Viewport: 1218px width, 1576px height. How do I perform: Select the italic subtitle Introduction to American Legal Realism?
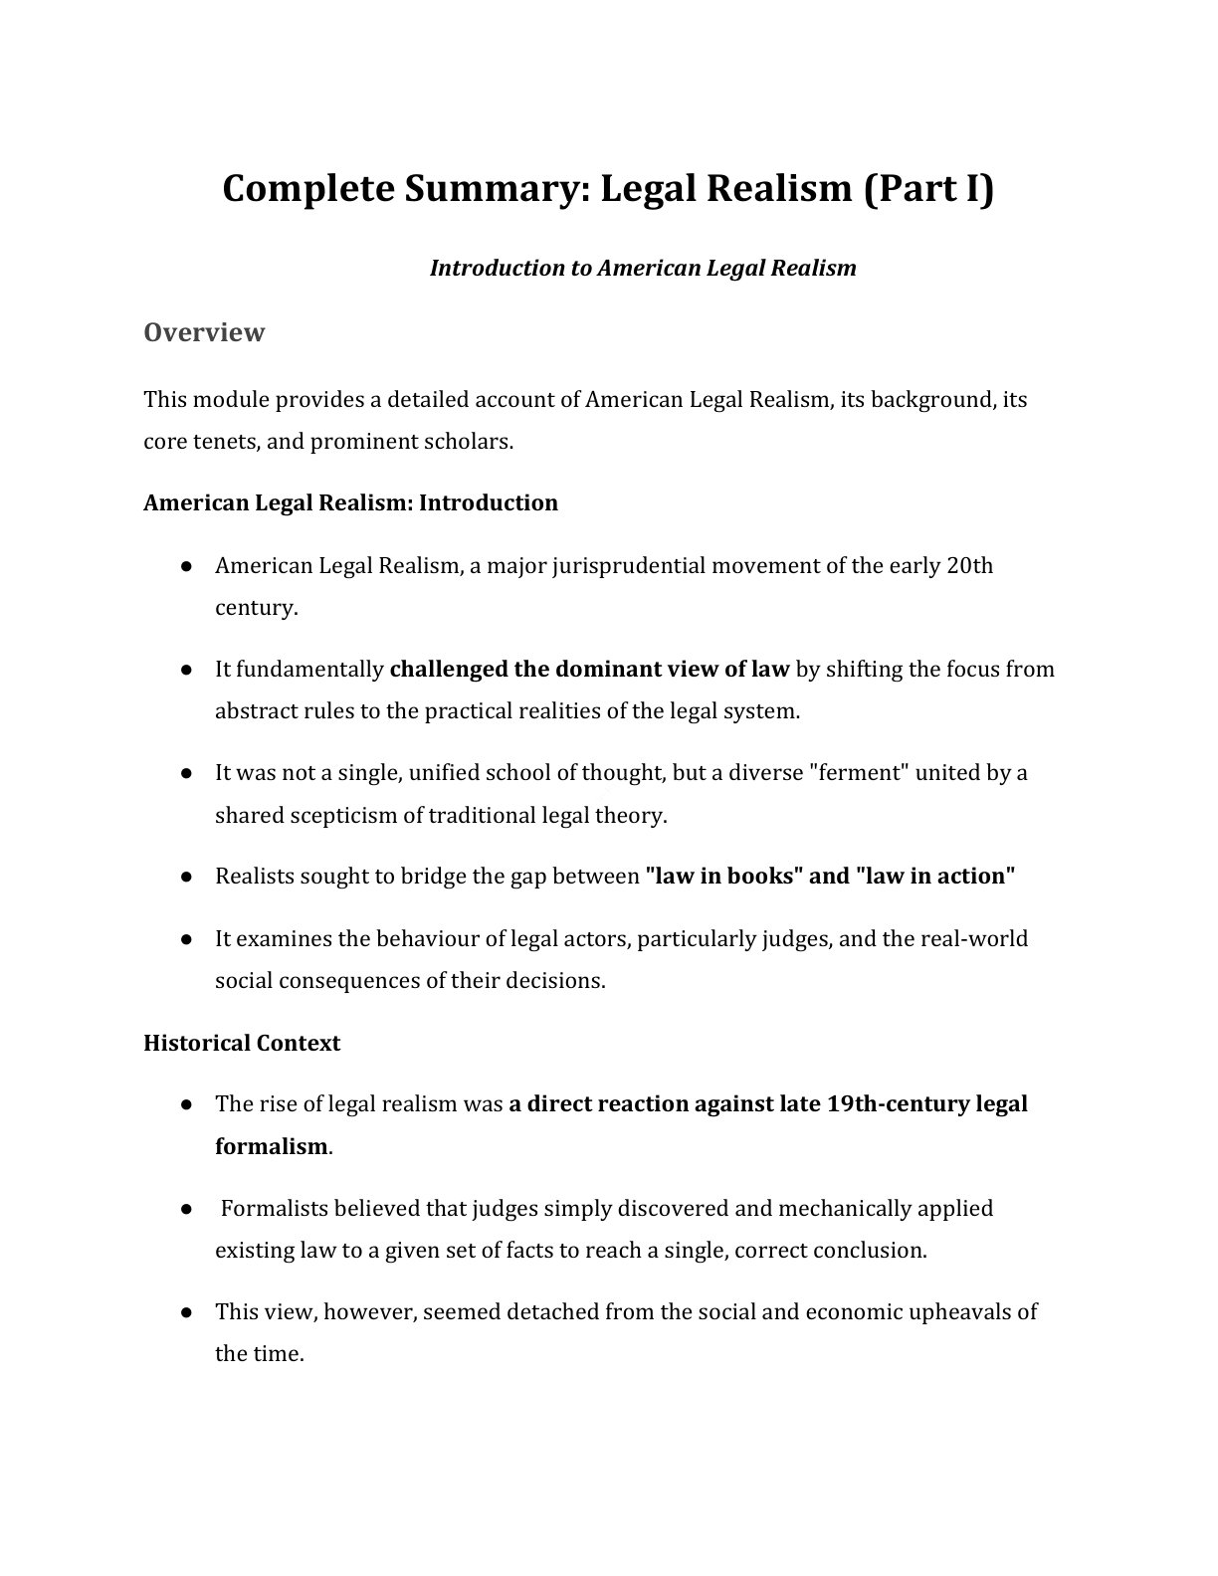click(x=642, y=268)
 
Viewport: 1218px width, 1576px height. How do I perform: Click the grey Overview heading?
click(x=204, y=332)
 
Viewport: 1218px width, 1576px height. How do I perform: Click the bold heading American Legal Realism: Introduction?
click(x=350, y=502)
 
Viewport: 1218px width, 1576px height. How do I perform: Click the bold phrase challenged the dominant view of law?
click(x=589, y=670)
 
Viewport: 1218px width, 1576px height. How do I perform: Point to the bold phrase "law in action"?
click(x=934, y=877)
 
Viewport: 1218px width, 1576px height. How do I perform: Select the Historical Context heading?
click(x=242, y=1043)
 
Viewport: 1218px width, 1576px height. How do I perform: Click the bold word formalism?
click(x=271, y=1146)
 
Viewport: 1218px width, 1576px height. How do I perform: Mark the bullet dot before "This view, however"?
click(x=186, y=1312)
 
